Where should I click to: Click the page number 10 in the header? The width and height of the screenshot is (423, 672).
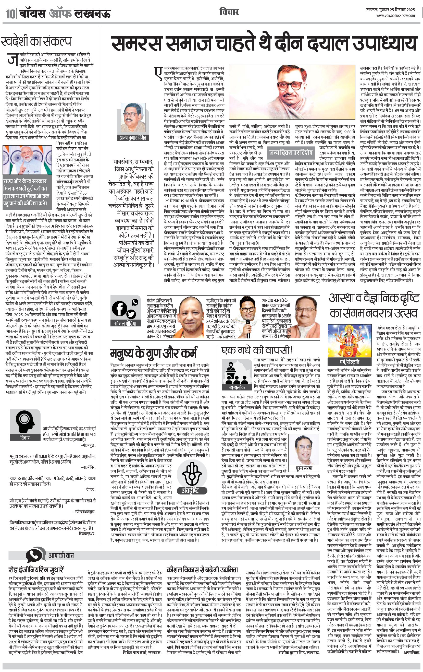(x=9, y=13)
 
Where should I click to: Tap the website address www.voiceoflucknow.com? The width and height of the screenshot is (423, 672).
(x=395, y=16)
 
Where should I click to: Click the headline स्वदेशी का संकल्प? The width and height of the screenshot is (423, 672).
(x=36, y=41)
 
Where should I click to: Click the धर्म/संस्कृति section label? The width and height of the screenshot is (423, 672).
(x=347, y=362)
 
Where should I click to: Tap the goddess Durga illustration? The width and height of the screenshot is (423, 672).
(x=347, y=341)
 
